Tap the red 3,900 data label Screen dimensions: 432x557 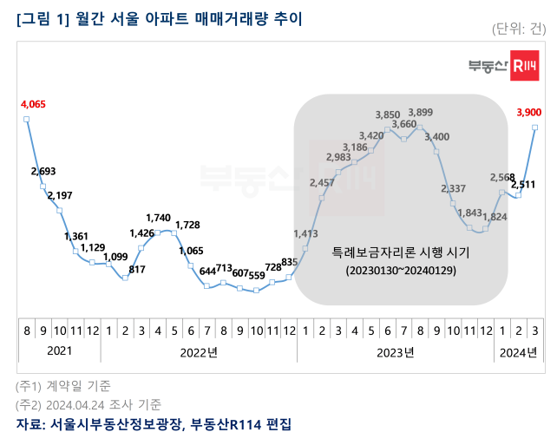click(529, 111)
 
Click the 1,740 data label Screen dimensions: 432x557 click(158, 218)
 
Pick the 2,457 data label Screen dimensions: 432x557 click(322, 182)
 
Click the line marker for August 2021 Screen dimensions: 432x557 click(27, 120)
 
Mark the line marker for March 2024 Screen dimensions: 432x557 click(534, 128)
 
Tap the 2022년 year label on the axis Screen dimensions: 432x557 click(199, 352)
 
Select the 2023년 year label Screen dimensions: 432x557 click(396, 352)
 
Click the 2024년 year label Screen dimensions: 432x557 click(519, 352)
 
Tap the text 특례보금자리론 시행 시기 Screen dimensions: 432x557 click(400, 253)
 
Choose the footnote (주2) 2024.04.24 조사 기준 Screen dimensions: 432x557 click(88, 404)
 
